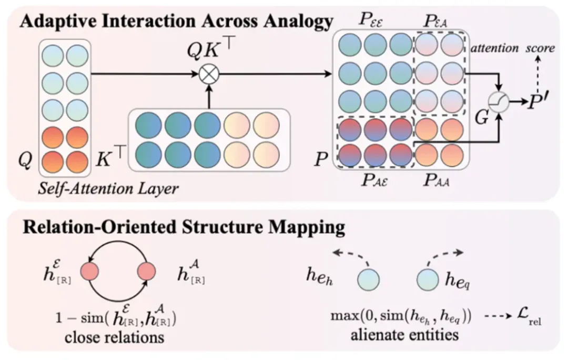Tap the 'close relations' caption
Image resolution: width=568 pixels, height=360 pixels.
click(x=114, y=337)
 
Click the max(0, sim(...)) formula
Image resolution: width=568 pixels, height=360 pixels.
click(x=400, y=318)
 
